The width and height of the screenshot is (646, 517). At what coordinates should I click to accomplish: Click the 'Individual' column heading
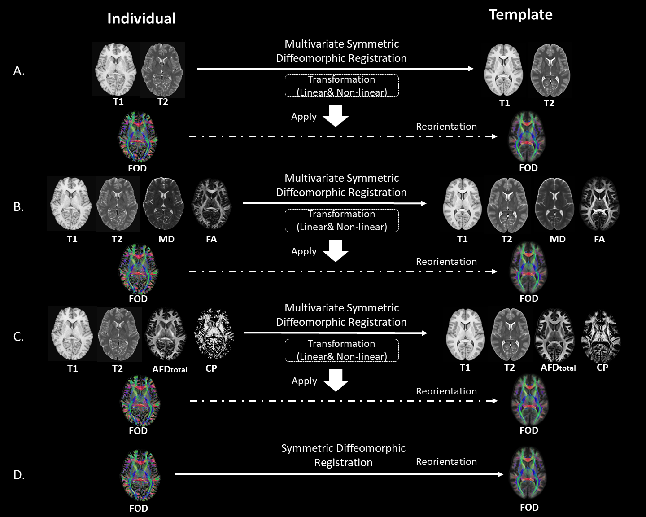point(141,18)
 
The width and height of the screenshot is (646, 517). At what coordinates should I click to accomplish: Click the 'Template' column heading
point(520,14)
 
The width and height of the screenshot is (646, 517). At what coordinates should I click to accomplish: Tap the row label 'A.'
point(19,71)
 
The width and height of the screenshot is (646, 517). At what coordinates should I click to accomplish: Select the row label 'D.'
point(19,475)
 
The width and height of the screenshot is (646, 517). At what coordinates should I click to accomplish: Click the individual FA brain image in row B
point(211,204)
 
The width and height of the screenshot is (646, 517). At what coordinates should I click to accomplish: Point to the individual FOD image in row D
point(140,476)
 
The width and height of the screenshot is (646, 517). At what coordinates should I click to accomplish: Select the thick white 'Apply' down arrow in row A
point(336,116)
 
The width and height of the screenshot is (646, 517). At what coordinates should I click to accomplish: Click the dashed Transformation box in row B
point(342,220)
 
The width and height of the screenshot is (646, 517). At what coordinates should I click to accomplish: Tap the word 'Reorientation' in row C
point(446,391)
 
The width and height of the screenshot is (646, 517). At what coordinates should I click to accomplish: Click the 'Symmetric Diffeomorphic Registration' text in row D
point(343,455)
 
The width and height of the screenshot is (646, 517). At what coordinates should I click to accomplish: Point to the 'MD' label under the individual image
point(166,239)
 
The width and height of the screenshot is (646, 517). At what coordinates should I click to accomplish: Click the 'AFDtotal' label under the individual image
point(170,369)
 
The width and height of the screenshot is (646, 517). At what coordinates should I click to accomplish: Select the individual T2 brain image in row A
point(162,70)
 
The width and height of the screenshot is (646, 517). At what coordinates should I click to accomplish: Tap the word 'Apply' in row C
point(304,381)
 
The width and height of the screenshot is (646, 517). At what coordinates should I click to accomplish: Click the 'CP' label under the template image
point(602,368)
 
